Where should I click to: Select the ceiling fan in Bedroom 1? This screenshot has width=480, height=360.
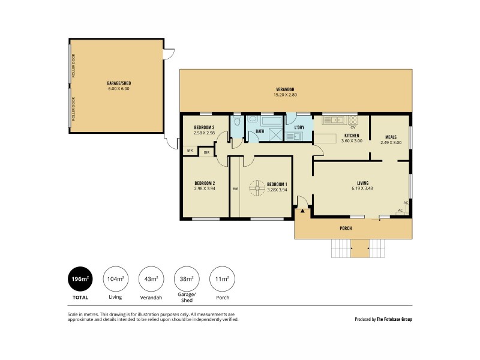(x=257, y=188)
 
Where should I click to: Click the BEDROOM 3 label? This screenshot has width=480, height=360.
(x=204, y=127)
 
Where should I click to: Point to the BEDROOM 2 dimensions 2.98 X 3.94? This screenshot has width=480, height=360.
(x=205, y=188)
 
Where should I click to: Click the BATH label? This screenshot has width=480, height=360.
(x=260, y=131)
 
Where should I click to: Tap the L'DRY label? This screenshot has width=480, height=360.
(x=299, y=127)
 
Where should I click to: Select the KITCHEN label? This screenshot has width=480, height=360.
(x=351, y=136)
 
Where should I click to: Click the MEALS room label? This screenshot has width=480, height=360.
(x=391, y=137)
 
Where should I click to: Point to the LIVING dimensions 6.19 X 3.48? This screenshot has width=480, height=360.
(x=362, y=188)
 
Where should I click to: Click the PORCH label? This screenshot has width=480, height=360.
(x=345, y=229)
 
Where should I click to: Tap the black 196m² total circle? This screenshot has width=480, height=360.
(x=80, y=279)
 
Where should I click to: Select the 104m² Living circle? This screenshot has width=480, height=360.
(x=116, y=279)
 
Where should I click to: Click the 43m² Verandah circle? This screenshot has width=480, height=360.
(x=151, y=279)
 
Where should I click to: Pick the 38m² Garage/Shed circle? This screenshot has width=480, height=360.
(x=187, y=279)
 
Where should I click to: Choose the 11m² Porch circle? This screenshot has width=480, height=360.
(x=222, y=279)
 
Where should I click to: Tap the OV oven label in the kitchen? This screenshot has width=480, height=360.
(x=353, y=127)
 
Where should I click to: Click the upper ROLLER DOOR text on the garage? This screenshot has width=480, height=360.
(x=73, y=67)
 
